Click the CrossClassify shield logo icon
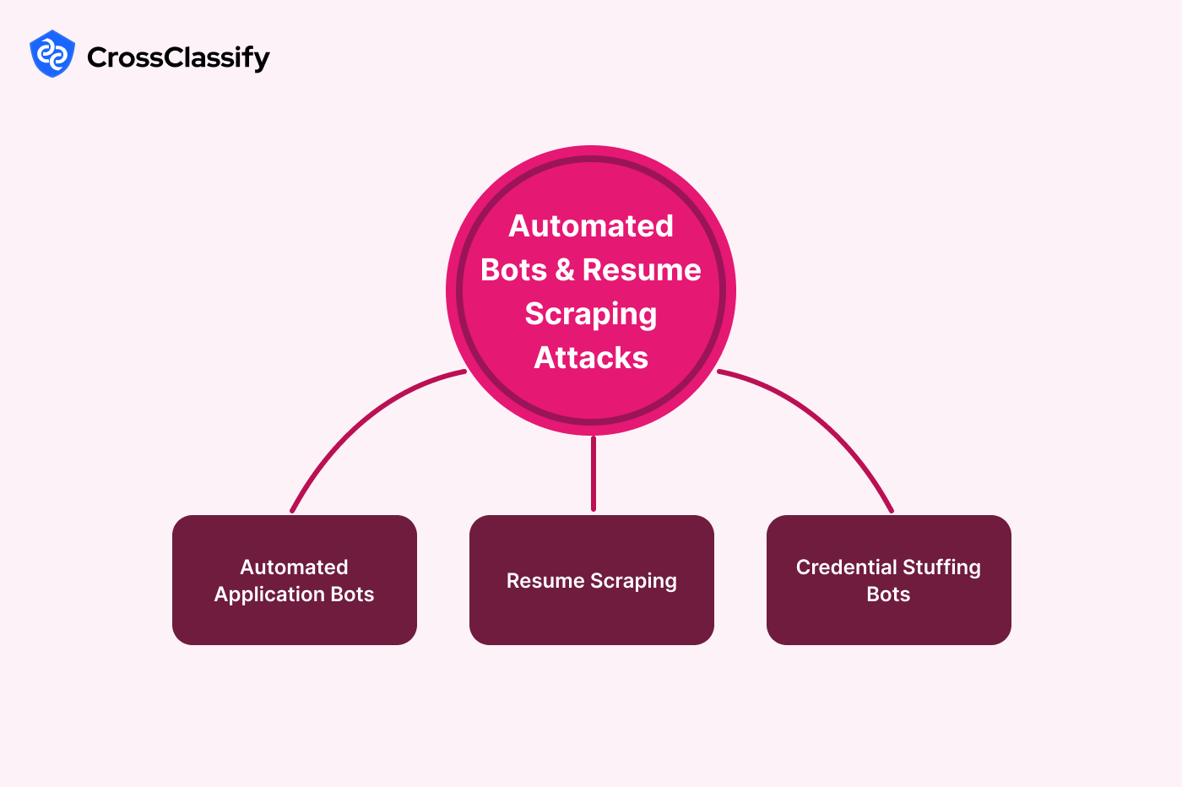(52, 55)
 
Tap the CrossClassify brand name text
(178, 57)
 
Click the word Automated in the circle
(591, 226)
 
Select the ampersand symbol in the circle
(565, 270)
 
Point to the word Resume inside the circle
(642, 270)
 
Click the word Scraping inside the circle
(591, 314)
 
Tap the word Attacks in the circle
(591, 358)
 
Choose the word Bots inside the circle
(513, 270)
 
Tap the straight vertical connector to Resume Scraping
(594, 473)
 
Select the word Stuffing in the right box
(941, 567)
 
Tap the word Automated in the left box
(294, 567)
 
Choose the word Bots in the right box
(888, 594)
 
